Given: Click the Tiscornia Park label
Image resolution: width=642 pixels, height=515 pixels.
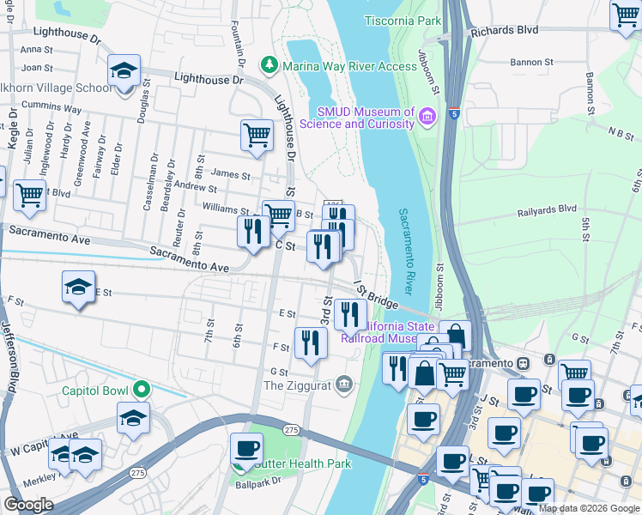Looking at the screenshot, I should [402, 19].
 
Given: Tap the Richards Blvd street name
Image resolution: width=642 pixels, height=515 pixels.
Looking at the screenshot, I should [505, 30].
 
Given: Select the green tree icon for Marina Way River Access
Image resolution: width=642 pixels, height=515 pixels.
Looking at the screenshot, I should [270, 64].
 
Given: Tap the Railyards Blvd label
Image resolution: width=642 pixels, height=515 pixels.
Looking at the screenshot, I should [547, 209].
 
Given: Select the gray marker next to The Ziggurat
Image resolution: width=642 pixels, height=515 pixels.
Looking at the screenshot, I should [345, 382].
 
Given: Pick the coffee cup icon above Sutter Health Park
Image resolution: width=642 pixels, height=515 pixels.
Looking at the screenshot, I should [246, 448].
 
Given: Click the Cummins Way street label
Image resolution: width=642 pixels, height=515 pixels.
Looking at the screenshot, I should [53, 110].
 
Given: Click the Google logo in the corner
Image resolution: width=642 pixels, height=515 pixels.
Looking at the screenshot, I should [28, 504].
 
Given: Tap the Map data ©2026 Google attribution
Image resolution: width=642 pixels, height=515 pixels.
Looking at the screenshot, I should [589, 508].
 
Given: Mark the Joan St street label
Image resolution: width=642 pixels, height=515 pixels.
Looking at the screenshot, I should [37, 67].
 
